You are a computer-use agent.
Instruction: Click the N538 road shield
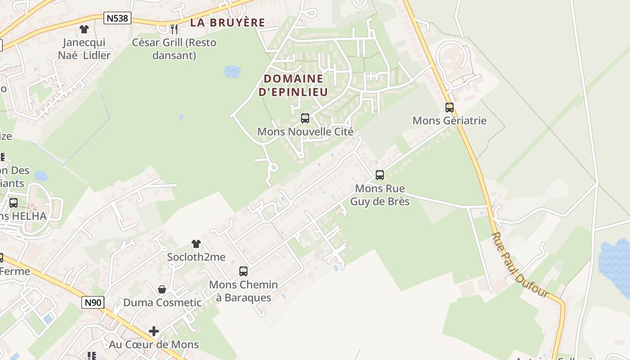point(117,18)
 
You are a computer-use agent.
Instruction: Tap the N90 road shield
point(93,302)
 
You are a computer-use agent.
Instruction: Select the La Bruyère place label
point(227,22)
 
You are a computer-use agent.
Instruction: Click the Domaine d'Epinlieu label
point(293,85)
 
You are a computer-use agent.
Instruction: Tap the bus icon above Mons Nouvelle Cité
point(305,118)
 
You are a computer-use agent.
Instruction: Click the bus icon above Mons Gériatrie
point(450,108)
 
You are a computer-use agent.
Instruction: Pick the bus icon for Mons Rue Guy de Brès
point(380,175)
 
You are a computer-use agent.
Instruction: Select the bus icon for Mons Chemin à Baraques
point(243,271)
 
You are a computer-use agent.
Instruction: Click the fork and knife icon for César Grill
point(174,29)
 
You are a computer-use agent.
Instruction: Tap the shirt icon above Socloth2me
point(196,244)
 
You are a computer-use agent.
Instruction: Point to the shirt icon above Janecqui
point(84,29)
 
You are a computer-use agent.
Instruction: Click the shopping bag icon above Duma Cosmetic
point(162,289)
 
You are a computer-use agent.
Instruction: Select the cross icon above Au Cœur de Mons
point(154,332)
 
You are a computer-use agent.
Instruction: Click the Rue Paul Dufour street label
point(520,265)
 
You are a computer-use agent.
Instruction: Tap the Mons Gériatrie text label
point(450,121)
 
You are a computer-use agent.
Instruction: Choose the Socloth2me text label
point(196,257)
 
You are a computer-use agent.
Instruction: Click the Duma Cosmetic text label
point(162,302)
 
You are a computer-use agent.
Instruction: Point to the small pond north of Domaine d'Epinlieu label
point(232,72)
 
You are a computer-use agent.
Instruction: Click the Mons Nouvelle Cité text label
point(305,132)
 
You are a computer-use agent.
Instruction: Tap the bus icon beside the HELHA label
point(13,203)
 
